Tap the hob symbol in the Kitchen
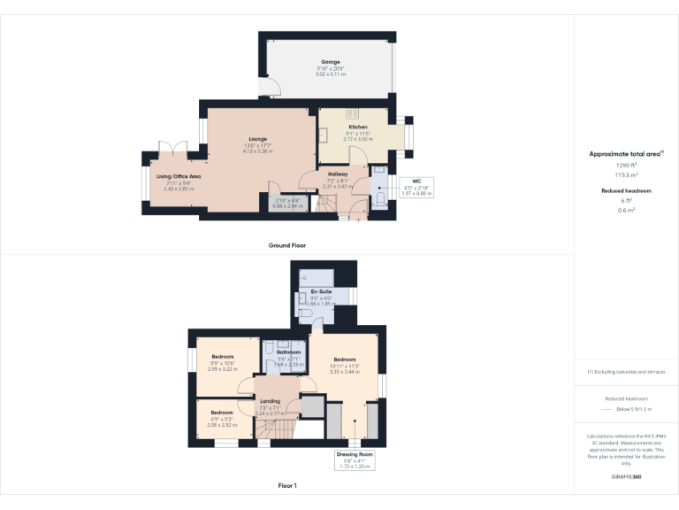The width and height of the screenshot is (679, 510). click(352, 113)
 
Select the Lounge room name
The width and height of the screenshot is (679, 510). click(257, 139)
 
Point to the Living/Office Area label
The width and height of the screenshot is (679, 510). click(179, 176)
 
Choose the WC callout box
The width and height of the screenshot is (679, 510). click(416, 187)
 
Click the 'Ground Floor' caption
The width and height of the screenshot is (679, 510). click(287, 245)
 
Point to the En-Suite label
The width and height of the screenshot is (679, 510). click(320, 291)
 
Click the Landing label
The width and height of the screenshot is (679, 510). click(270, 402)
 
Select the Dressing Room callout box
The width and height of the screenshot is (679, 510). click(354, 460)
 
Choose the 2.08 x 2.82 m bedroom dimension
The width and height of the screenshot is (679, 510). click(221, 424)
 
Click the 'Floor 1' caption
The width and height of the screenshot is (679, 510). click(287, 486)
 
